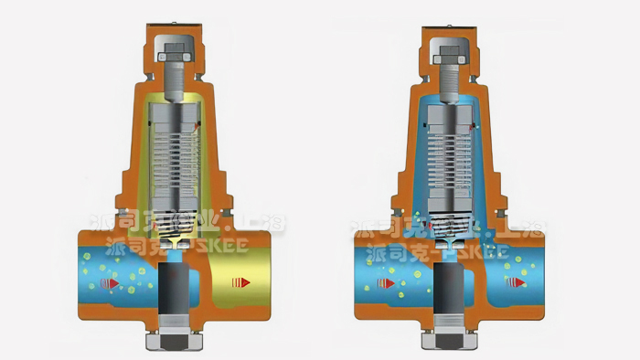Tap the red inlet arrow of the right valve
(387, 284)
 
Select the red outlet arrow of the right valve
(517, 282)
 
